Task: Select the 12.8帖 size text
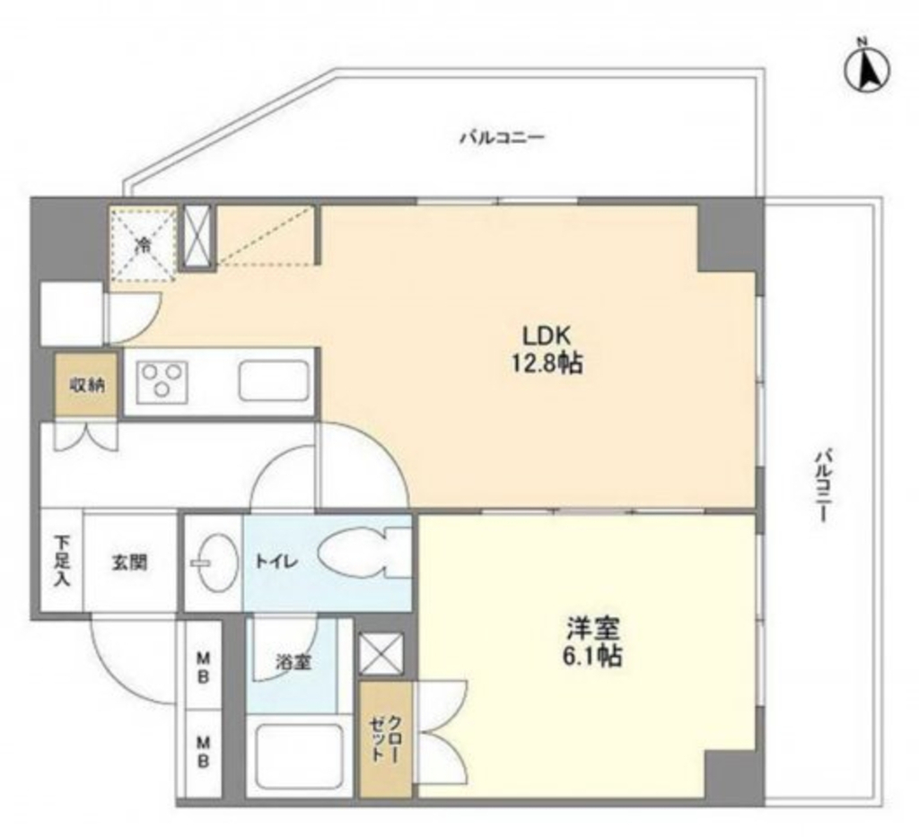pos(547,364)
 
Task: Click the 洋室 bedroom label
pos(592,630)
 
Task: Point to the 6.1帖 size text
pos(592,658)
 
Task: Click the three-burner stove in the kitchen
pos(162,382)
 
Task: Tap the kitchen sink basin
pos(273,381)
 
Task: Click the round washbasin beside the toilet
pos(215,562)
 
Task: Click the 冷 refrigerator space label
pos(143,245)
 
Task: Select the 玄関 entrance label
pos(129,563)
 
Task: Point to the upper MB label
pos(203,667)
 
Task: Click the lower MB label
pos(203,752)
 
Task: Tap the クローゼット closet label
pos(385,738)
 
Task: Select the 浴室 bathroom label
pos(293,662)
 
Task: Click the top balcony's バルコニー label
pos(503,137)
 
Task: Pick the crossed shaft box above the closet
pos(381,654)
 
